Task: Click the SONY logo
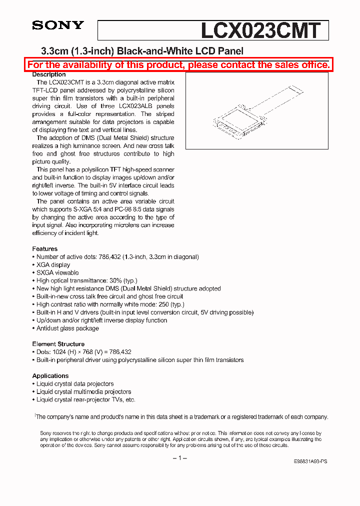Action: tap(58, 25)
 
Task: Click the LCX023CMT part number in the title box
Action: tap(260, 30)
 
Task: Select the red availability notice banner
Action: tap(179, 65)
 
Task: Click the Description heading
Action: tap(49, 74)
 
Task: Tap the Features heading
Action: tap(45, 248)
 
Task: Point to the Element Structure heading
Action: tap(58, 344)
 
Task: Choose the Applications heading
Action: tap(50, 375)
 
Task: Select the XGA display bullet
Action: tap(53, 264)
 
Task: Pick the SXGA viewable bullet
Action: tap(57, 272)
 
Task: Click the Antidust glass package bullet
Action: tap(67, 328)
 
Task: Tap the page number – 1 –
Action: tap(179, 458)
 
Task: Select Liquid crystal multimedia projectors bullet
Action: tap(83, 391)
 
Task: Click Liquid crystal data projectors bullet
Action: tap(75, 383)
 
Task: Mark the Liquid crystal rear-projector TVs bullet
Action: tap(85, 399)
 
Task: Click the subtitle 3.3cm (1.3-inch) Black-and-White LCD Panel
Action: tap(141, 51)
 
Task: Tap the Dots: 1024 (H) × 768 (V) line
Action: tap(83, 352)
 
